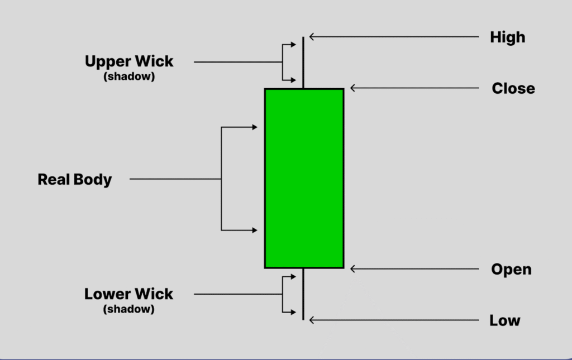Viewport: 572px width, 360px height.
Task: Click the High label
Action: coord(507,37)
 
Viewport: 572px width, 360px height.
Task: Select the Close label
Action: coord(513,88)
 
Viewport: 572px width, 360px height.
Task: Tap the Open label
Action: coord(511,270)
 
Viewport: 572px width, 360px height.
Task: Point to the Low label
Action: coord(504,321)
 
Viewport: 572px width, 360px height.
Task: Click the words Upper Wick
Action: coord(129,61)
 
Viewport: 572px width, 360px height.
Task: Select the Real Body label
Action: coord(74,180)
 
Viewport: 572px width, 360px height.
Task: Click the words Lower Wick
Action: coord(128,294)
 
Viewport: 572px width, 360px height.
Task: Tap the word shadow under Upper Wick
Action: coord(129,77)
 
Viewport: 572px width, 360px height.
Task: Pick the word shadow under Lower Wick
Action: coord(128,309)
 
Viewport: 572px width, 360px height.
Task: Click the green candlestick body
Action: coord(304,179)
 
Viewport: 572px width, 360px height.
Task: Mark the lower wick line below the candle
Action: coord(303,294)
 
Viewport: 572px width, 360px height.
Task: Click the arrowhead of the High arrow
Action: coord(312,37)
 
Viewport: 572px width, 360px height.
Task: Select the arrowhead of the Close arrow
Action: coord(352,88)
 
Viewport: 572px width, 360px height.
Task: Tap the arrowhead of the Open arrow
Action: coord(352,270)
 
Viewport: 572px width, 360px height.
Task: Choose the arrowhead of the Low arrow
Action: coord(312,320)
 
